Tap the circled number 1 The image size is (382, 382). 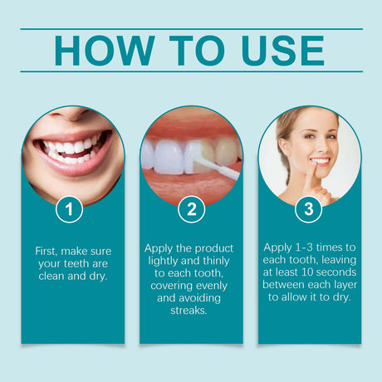coord(70,210)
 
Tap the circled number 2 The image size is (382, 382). coord(191,210)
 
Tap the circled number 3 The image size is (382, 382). coord(309,210)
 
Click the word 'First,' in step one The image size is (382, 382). coord(51,251)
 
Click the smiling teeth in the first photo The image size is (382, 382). coord(70,149)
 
